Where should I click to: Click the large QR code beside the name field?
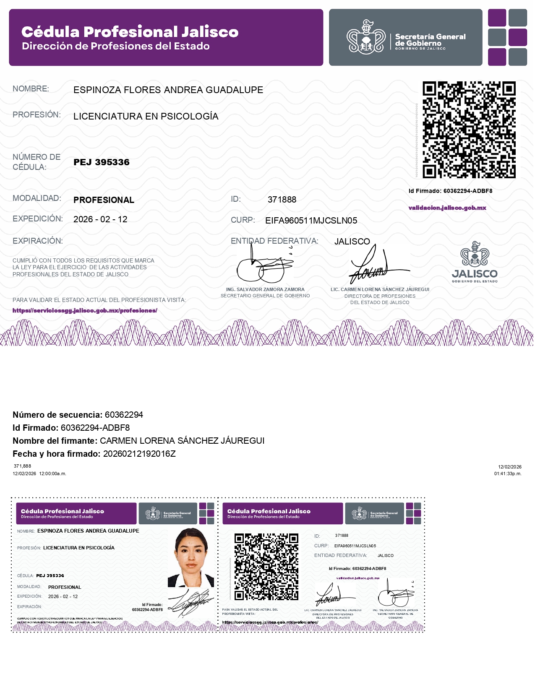[469, 130]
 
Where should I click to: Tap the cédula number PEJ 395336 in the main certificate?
[102, 162]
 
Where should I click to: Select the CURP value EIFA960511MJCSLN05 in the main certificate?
[311, 221]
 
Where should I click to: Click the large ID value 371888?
[282, 200]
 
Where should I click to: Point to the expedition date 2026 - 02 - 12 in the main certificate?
[100, 219]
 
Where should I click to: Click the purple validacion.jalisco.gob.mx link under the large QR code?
[447, 208]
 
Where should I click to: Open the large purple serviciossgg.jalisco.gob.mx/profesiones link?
[85, 311]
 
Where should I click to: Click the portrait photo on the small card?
[191, 557]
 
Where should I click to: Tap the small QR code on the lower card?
[266, 567]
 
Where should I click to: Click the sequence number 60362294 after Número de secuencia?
[124, 415]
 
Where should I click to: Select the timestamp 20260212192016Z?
[139, 454]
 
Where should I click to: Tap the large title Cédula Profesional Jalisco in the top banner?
[130, 32]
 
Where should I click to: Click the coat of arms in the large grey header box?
[366, 38]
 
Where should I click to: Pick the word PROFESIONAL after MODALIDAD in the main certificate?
[104, 200]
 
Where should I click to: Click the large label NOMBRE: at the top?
[31, 89]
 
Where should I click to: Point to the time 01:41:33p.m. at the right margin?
[508, 474]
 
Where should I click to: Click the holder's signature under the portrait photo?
[191, 603]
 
